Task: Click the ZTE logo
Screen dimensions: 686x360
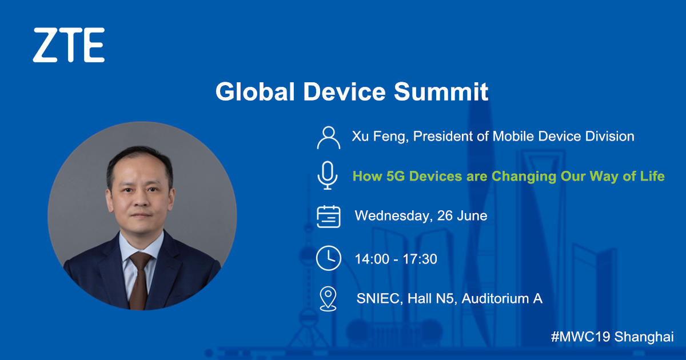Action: [69, 45]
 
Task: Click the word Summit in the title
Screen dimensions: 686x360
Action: [441, 91]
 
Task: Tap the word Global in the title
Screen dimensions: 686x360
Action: [255, 91]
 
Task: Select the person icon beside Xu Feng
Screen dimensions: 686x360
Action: [328, 138]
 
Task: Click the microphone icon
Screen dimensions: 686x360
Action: [328, 175]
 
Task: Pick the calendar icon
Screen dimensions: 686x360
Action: [328, 217]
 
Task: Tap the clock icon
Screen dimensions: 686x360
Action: [328, 258]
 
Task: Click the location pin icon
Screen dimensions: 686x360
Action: [328, 299]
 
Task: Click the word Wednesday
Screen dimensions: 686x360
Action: [393, 216]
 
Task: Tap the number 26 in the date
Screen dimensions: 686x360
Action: [445, 216]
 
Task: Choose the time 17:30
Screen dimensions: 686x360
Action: [420, 259]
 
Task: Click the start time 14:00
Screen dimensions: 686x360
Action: [372, 259]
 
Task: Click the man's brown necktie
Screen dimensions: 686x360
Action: [139, 279]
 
